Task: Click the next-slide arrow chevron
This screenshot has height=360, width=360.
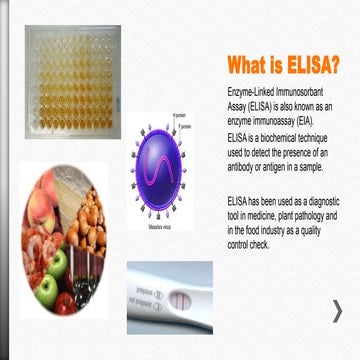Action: (338, 310)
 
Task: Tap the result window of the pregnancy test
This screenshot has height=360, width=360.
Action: (185, 298)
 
